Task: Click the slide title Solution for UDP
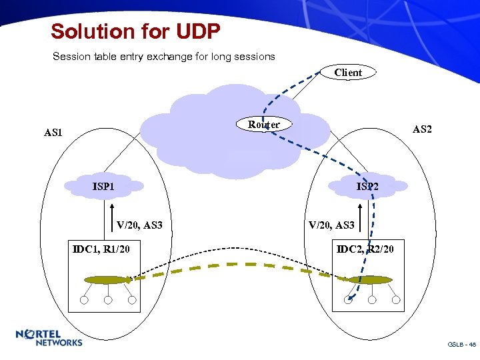tap(135, 31)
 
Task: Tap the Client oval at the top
tap(348, 72)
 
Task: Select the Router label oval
tap(264, 125)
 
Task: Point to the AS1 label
tap(53, 133)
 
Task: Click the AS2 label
tap(421, 129)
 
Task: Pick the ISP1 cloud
tap(103, 186)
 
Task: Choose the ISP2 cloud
tap(367, 186)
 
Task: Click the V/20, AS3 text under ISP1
tap(139, 225)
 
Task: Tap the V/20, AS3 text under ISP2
tap(331, 225)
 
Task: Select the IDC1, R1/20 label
tap(101, 249)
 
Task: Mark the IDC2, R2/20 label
tap(365, 249)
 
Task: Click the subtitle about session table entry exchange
tap(163, 57)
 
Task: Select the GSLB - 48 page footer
tap(461, 345)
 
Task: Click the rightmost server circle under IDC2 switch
tap(396, 300)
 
